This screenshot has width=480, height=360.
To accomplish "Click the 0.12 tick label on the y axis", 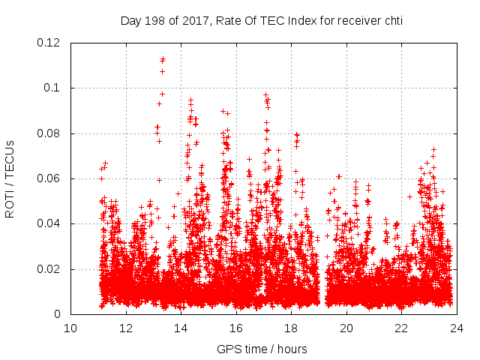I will click(50, 43).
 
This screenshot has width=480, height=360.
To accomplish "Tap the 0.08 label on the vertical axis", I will click(50, 133).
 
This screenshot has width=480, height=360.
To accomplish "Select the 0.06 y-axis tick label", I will click(50, 178).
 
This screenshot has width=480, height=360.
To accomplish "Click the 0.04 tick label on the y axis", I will click(50, 223).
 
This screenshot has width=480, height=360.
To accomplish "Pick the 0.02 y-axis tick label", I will click(50, 269).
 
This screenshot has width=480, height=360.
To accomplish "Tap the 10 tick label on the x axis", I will click(70, 328).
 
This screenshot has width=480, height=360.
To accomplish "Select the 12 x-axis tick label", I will click(126, 328).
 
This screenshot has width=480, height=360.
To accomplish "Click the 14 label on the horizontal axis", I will click(181, 328).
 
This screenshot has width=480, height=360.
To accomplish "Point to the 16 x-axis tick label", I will click(236, 328).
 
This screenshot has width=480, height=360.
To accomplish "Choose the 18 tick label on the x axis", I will click(291, 328).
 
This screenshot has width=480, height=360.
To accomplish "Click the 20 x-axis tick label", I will click(346, 328).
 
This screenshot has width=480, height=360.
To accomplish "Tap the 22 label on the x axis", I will click(401, 328).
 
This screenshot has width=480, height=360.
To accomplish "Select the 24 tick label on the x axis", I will click(457, 328).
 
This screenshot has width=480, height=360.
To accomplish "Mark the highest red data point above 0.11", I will click(163, 58).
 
